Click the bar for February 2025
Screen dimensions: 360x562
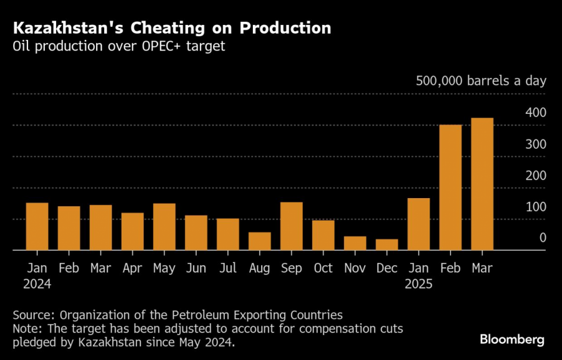(x=451, y=187)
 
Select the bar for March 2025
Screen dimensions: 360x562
(x=483, y=184)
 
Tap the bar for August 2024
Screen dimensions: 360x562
(x=260, y=241)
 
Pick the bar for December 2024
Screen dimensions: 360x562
(x=387, y=244)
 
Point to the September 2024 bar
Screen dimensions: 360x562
(x=292, y=226)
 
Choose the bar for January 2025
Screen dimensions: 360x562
(x=419, y=224)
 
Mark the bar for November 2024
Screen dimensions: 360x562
(x=355, y=243)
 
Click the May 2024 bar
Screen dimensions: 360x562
(x=164, y=227)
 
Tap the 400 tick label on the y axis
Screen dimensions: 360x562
(x=535, y=112)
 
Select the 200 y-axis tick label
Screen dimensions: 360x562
(x=535, y=175)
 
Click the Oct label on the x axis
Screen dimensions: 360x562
(x=323, y=268)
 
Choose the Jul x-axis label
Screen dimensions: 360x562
(x=228, y=268)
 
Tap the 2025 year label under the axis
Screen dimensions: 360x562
(x=419, y=283)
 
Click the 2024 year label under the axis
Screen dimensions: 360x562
(x=37, y=283)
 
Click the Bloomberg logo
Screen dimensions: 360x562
(x=512, y=339)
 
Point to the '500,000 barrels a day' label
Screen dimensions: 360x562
(x=481, y=81)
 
